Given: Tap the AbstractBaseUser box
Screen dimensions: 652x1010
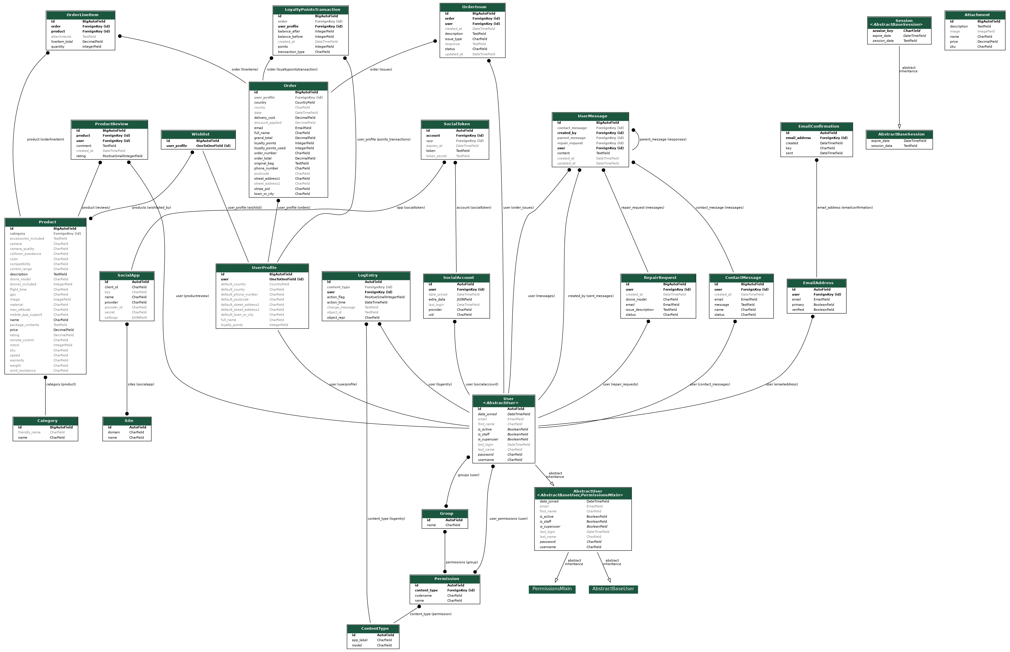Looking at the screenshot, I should coord(613,589).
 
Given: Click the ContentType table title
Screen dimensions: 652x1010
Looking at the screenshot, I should coord(375,629).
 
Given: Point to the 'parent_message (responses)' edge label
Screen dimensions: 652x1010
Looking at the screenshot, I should coord(663,139).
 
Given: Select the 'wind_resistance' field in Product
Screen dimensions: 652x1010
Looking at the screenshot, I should coord(23,371).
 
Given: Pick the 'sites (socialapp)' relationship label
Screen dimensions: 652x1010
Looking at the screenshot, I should coord(141,385).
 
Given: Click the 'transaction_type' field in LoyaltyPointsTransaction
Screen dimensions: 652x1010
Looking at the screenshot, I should coord(291,52).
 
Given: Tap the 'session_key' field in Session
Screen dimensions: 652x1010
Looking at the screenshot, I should coord(883,31).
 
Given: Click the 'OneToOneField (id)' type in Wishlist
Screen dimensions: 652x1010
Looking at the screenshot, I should coord(213,146).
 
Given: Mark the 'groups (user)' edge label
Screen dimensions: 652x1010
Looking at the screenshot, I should coord(468,475).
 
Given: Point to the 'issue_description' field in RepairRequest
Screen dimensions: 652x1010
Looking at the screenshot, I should coord(639,310).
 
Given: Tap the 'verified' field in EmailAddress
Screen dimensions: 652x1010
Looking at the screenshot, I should coord(798,310).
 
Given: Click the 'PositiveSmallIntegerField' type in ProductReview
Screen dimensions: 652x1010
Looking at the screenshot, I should coord(122,156).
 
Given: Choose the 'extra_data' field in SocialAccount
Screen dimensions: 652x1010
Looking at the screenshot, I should coord(437,300).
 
